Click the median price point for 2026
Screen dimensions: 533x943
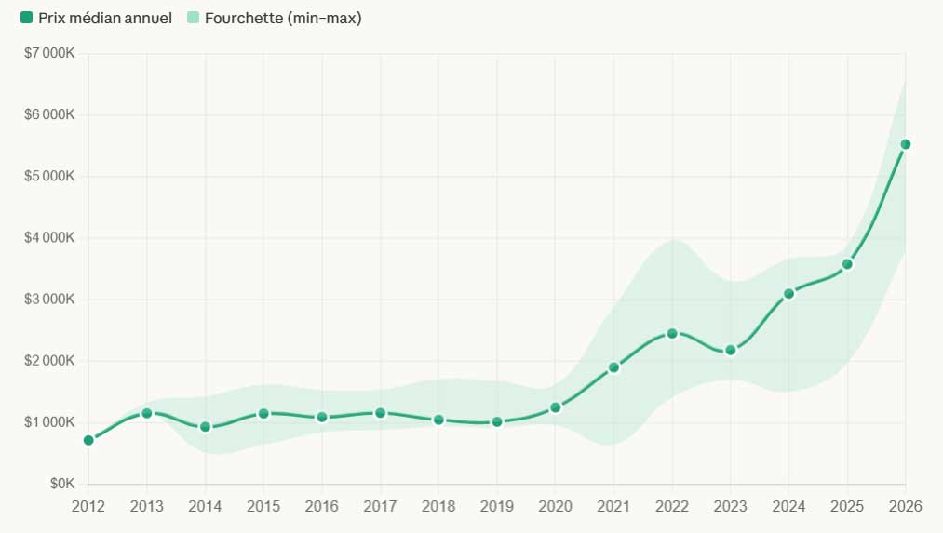905,144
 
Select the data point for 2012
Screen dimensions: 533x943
88,440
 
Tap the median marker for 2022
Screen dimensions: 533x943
672,333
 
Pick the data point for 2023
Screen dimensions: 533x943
731,350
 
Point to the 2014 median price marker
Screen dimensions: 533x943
205,427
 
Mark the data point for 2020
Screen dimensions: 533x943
556,407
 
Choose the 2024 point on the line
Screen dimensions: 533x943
789,294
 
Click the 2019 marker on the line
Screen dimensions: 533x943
497,421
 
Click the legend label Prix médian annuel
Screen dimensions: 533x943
104,19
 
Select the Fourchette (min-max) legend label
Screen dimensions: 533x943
283,19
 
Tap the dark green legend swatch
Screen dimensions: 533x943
26,18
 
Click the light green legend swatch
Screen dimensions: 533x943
193,18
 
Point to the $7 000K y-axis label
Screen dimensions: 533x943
49,53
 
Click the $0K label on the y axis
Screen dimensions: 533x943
61,484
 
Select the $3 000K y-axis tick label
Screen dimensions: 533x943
49,300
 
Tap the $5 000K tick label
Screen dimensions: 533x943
49,177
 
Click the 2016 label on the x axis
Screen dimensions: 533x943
322,505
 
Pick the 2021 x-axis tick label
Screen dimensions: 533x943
613,505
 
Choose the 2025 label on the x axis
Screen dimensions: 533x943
847,505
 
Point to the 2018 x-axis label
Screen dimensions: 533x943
438,505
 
